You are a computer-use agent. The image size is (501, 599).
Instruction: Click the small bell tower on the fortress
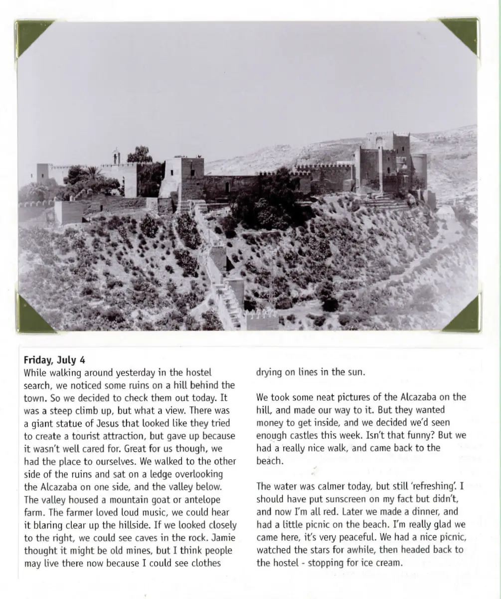116,156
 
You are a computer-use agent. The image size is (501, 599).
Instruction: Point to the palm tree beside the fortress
93,173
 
